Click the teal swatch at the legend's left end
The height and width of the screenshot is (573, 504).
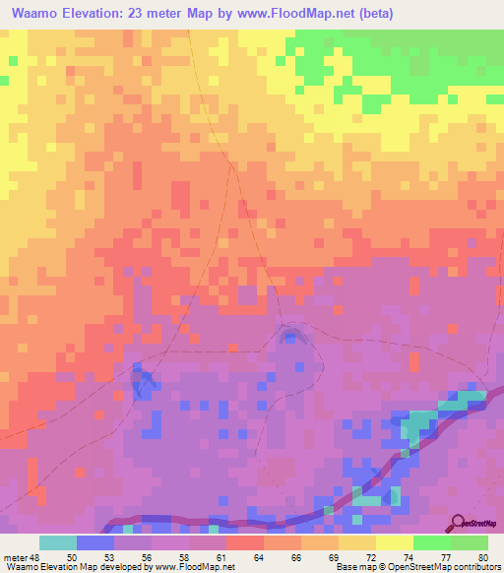[58, 542]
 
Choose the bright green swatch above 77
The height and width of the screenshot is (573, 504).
[431, 542]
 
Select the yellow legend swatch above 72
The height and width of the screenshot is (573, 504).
[394, 542]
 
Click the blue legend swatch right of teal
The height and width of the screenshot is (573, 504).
[95, 542]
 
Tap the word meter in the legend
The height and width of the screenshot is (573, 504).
[16, 556]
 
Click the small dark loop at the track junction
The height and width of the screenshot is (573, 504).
[289, 338]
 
